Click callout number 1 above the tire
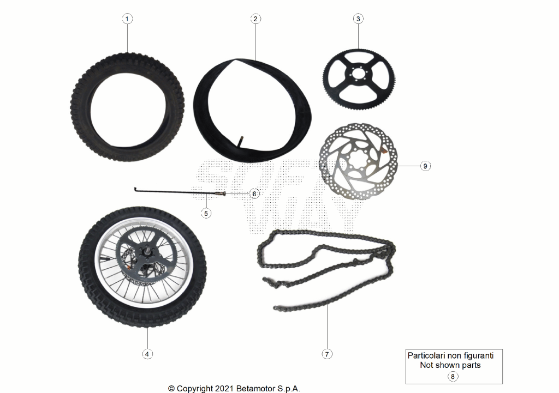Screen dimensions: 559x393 127,19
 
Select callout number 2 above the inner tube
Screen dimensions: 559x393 255,19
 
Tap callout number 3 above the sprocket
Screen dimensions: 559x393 358,19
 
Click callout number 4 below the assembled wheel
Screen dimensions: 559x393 147,354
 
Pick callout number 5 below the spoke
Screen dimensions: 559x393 206,213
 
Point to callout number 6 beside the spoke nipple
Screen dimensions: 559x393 254,194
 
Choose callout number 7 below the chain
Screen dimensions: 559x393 327,354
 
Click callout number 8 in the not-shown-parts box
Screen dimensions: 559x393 453,377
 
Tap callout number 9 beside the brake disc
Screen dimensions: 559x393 425,166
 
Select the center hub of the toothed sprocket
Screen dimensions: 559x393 358,75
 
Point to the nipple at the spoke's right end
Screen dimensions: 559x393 220,194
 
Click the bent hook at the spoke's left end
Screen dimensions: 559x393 135,189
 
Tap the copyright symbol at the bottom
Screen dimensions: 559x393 171,389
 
